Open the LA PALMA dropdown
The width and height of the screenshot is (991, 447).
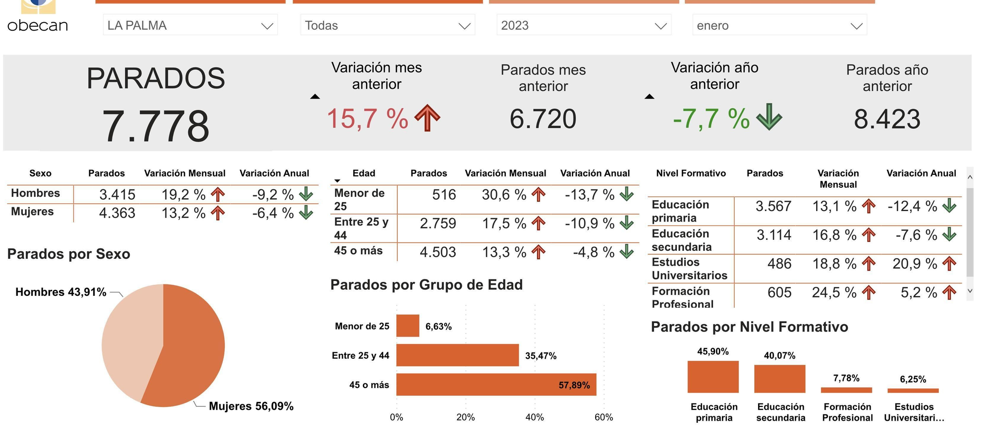pos(190,25)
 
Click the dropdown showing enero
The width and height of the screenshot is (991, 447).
pos(779,25)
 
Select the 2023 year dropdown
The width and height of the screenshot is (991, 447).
pos(583,25)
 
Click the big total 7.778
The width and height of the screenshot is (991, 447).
pos(156,126)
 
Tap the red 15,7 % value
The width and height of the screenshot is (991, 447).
pos(367,119)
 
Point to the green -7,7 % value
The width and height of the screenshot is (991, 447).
pos(711,119)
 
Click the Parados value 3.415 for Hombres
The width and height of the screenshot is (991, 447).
pos(117,195)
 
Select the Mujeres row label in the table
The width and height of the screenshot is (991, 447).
pos(32,212)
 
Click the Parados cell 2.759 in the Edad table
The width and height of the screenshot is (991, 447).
pos(438,223)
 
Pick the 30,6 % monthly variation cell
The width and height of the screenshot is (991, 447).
pos(504,195)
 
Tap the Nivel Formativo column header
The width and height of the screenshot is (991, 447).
pos(691,173)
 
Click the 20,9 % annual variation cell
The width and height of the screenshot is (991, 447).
pos(915,264)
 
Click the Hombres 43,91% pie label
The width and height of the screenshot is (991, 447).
pos(60,292)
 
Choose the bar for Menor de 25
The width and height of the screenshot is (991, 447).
pos(408,326)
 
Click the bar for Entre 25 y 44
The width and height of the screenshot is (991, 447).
pos(457,355)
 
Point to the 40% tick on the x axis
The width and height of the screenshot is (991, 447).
pos(535,417)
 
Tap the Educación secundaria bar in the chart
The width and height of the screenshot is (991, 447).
pos(779,379)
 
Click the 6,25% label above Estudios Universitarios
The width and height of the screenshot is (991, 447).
pos(913,380)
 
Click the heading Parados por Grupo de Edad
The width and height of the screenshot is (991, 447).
pos(426,285)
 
